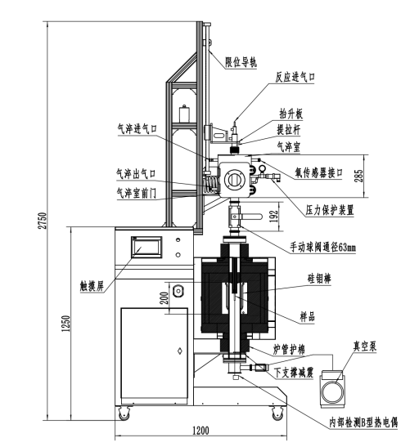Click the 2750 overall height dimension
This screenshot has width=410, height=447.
[43, 221]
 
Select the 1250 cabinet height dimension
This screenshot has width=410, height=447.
[65, 324]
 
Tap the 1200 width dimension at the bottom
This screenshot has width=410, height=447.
[201, 430]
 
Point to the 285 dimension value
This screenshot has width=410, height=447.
[359, 176]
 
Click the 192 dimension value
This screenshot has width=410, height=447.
[273, 217]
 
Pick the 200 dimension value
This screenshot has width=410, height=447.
[164, 298]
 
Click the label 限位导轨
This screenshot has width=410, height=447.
[241, 62]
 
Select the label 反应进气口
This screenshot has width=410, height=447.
[295, 77]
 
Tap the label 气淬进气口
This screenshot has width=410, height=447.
[137, 129]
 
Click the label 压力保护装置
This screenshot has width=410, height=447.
[330, 210]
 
